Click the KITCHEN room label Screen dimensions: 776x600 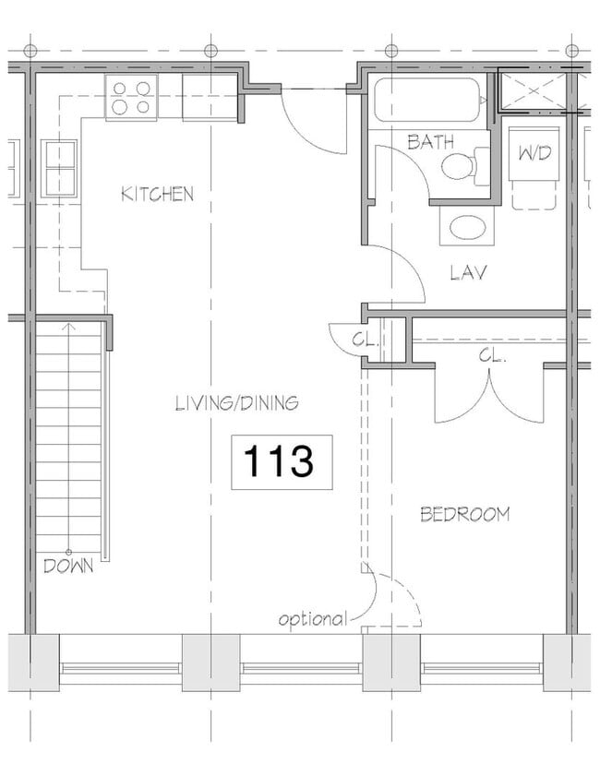158,194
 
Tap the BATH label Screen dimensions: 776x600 430,142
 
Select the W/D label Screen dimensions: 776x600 533,153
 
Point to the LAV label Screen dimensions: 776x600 468,273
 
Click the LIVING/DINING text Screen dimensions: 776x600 236,402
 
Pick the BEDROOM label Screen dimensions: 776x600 464,514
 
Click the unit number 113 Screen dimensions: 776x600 281,460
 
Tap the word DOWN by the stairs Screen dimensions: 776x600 68,566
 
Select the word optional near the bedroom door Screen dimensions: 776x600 313,619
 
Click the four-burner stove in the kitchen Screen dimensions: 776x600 132,98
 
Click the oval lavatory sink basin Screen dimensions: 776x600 467,228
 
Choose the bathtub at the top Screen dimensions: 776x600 428,100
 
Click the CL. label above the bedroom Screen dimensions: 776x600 491,355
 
